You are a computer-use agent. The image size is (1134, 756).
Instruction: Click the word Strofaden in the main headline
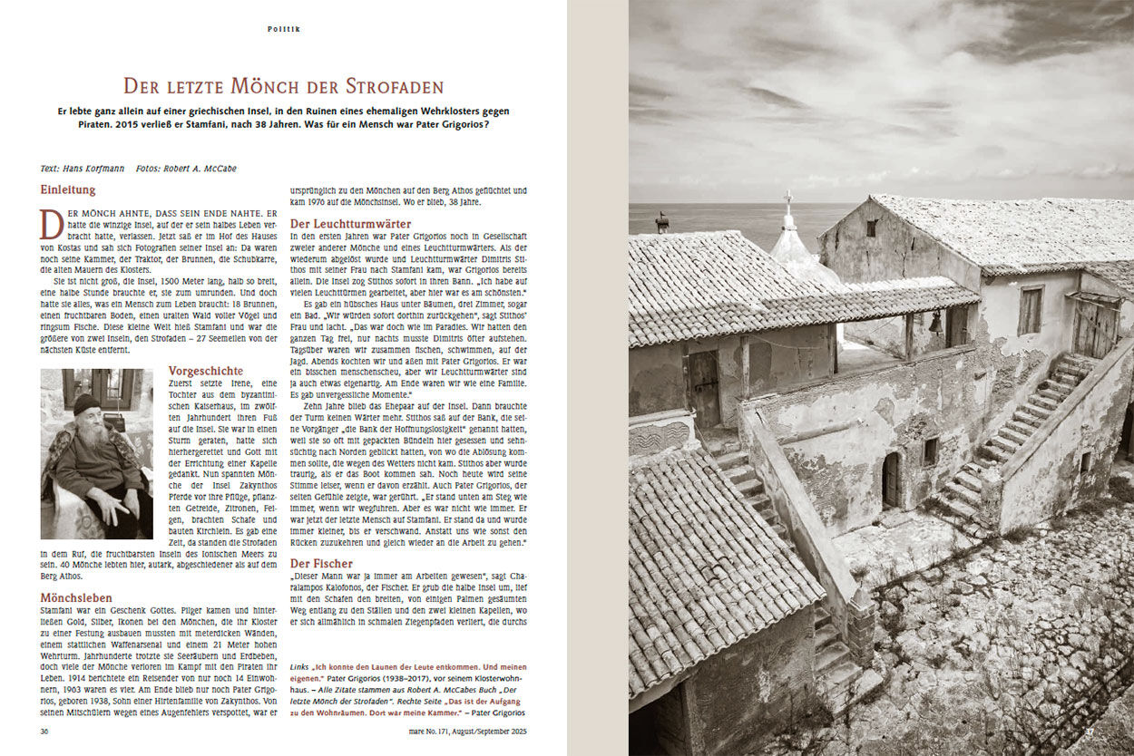[x=394, y=87]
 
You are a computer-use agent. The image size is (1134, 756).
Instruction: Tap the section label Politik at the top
[x=283, y=29]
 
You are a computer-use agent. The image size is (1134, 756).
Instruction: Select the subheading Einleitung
[x=67, y=190]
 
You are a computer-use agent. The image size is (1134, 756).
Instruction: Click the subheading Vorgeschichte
[x=206, y=371]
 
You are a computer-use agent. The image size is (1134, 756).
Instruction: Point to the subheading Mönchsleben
[x=76, y=598]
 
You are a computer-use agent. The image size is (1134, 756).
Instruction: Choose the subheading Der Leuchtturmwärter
[x=349, y=223]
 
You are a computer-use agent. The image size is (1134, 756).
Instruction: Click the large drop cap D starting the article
[x=52, y=222]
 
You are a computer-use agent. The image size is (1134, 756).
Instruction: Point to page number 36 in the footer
[x=44, y=731]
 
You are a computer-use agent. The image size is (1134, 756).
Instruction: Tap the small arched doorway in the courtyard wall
[x=892, y=480]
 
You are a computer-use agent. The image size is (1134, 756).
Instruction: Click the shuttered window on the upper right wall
[x=1031, y=311]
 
